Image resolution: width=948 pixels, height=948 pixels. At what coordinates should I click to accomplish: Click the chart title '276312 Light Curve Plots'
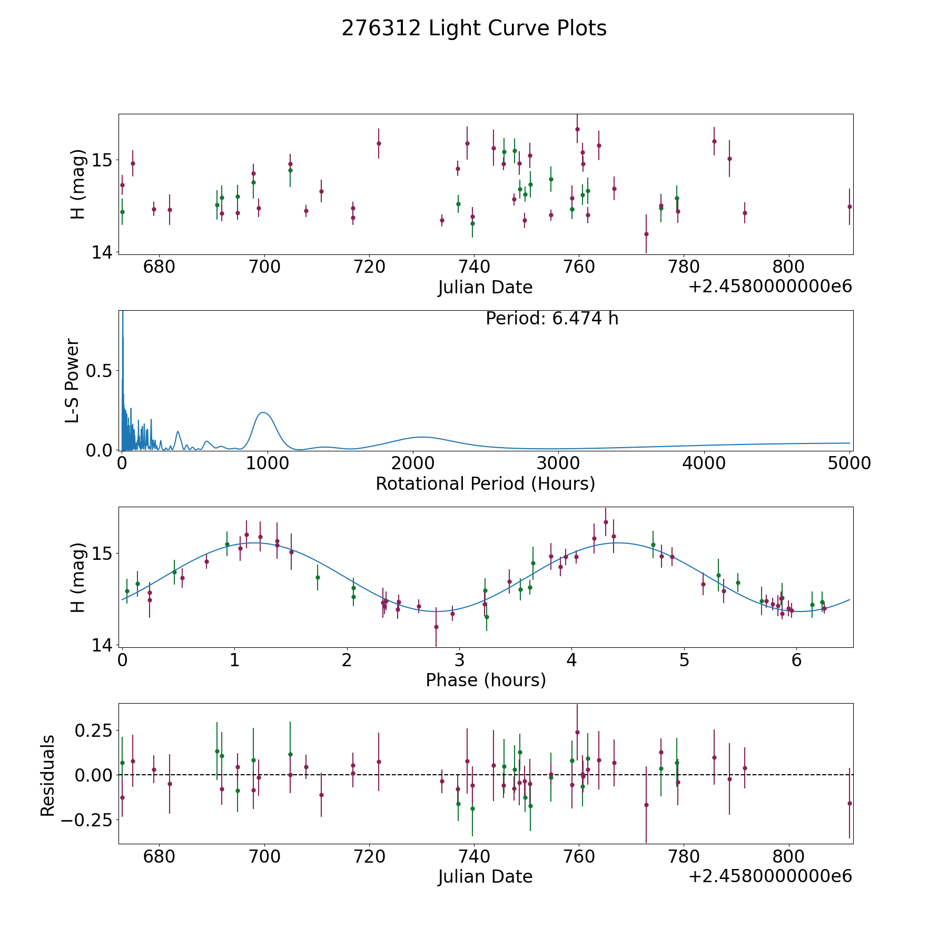474,28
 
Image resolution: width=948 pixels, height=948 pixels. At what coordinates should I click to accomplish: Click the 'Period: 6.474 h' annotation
552,319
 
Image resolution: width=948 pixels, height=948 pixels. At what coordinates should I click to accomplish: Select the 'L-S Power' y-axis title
73,380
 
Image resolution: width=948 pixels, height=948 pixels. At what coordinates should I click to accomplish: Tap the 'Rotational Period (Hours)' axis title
485,483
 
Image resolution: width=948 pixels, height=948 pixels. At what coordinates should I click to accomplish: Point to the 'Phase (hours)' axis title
486,680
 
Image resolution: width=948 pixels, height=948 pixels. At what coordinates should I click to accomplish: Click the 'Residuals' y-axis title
48,775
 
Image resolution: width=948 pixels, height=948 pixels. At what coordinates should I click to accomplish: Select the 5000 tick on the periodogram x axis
849,463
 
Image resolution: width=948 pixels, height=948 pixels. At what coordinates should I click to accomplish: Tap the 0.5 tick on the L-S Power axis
100,371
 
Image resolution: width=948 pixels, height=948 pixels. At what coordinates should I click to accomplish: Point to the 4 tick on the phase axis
571,660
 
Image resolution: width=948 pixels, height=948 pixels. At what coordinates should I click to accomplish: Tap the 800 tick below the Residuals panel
788,856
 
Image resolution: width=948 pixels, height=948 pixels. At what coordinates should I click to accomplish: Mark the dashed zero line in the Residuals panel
685,775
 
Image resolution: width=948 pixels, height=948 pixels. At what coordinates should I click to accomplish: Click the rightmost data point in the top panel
850,206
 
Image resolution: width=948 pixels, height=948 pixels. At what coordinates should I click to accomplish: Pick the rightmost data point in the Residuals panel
850,803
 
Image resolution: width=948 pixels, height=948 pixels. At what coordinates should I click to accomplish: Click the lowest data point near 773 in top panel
646,234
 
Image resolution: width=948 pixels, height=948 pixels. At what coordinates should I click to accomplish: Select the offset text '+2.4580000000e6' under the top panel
770,287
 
